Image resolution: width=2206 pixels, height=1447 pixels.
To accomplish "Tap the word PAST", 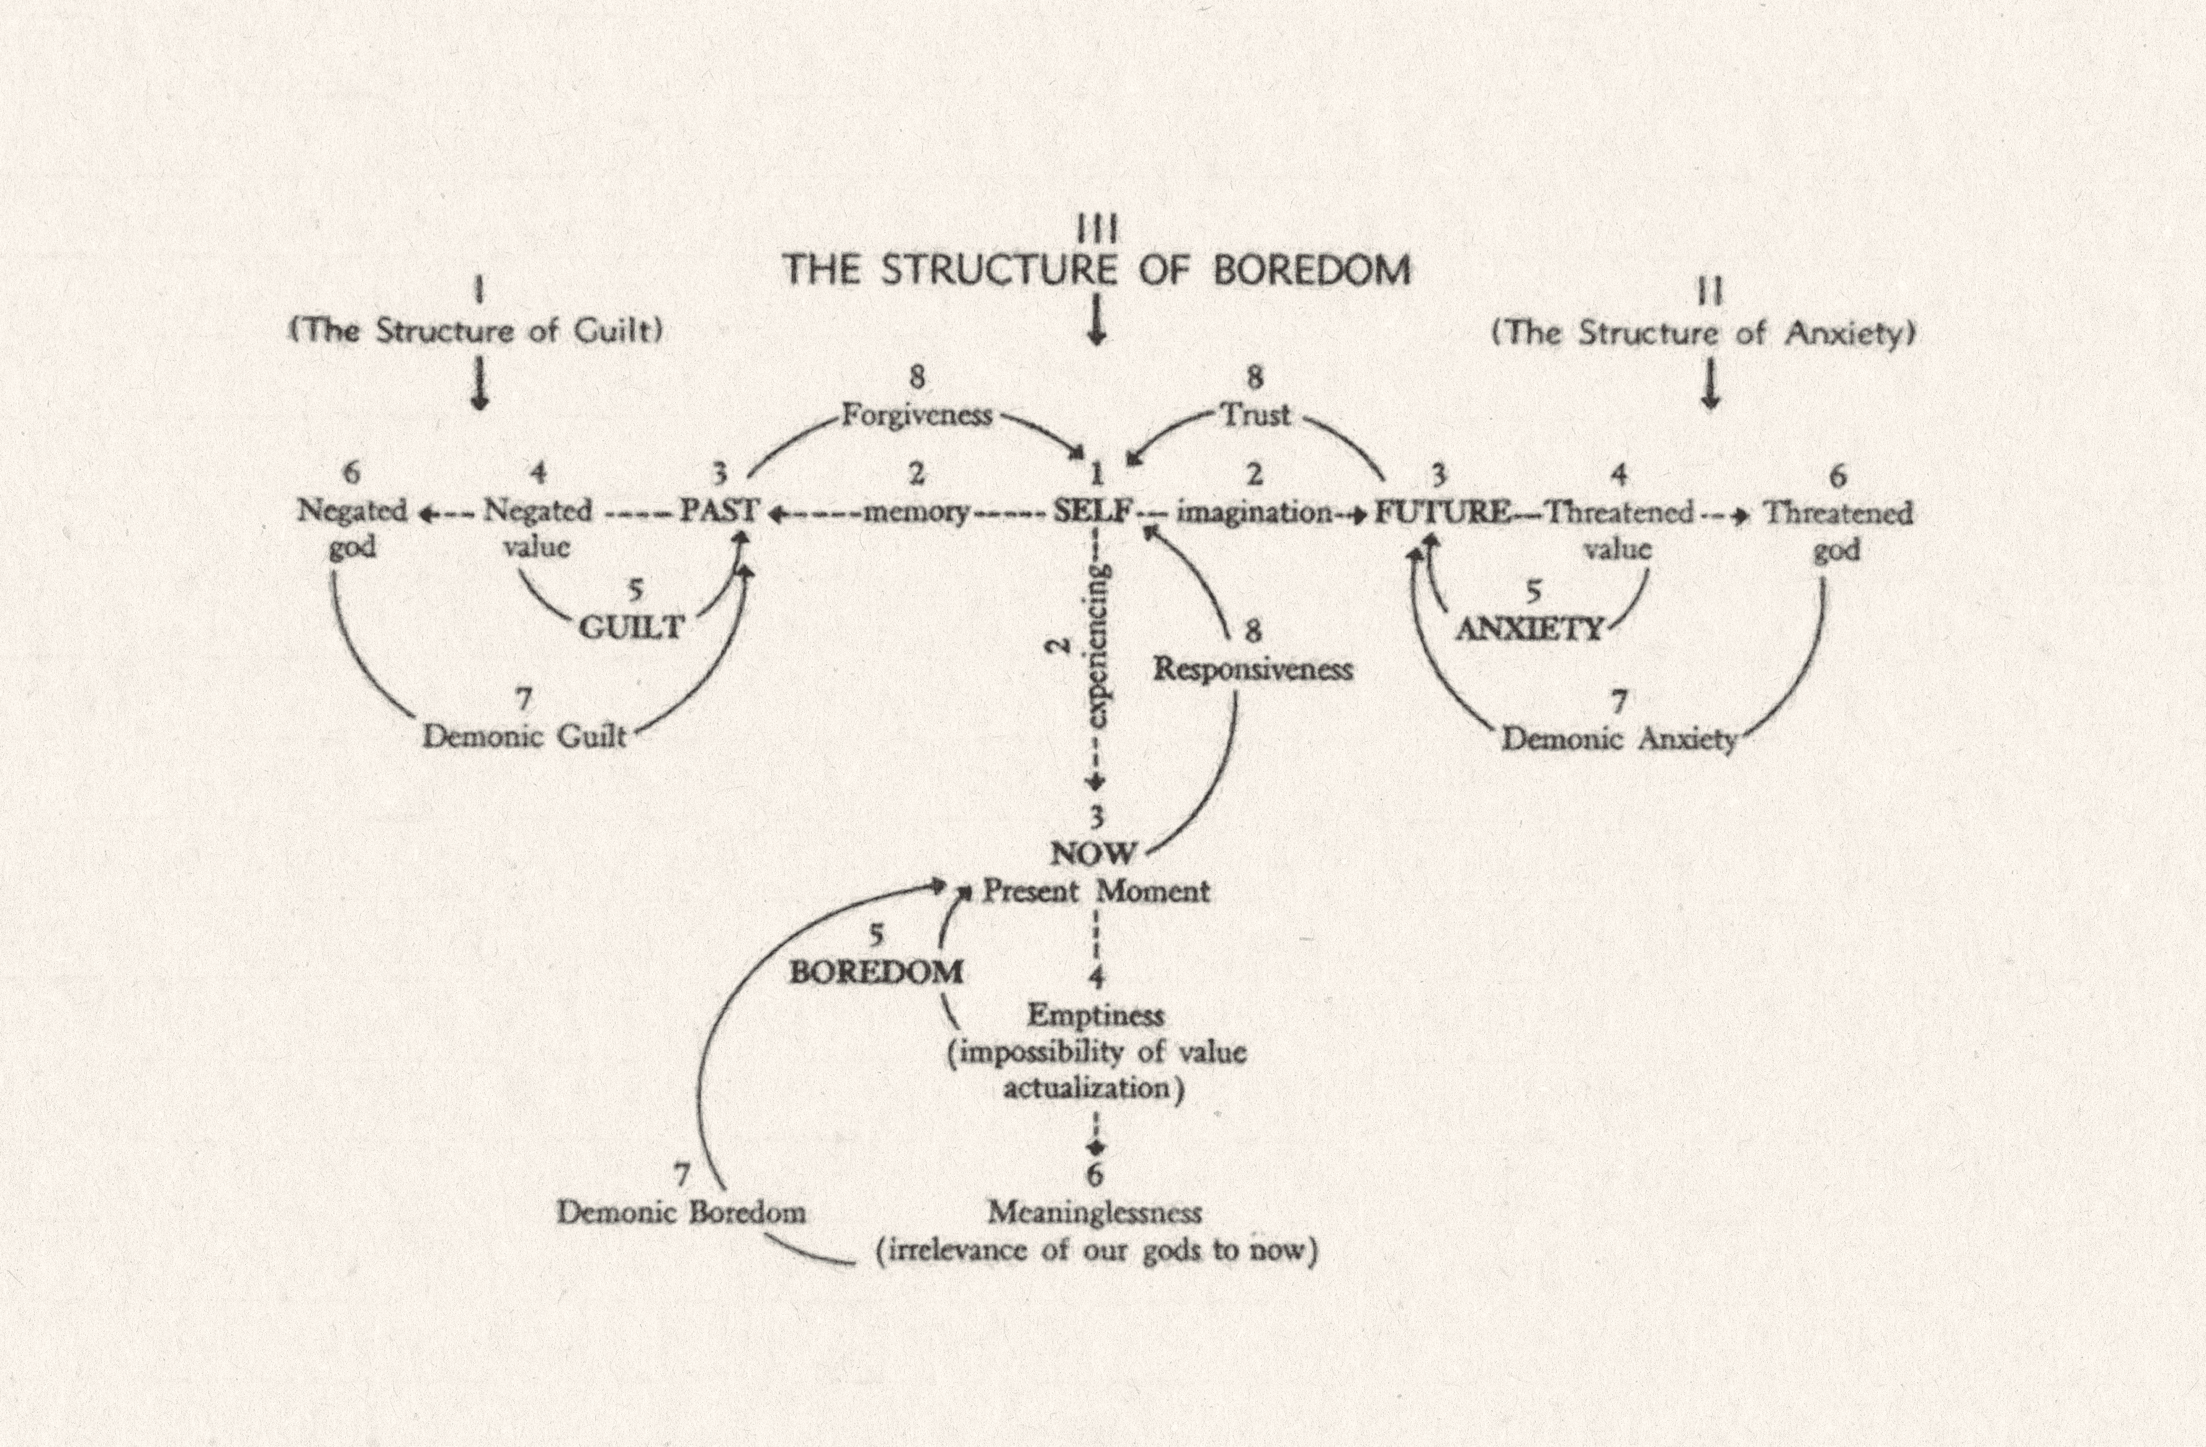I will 719,511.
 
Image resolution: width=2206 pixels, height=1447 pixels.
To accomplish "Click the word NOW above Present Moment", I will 1094,853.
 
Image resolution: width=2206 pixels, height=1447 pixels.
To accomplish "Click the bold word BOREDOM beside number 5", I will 876,971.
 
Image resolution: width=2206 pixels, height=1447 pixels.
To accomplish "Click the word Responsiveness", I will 1253,669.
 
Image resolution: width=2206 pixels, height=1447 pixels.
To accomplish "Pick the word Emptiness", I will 1096,1015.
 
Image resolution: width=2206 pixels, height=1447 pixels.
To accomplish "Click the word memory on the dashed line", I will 917,512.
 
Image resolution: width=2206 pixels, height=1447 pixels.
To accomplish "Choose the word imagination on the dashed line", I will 1253,512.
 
